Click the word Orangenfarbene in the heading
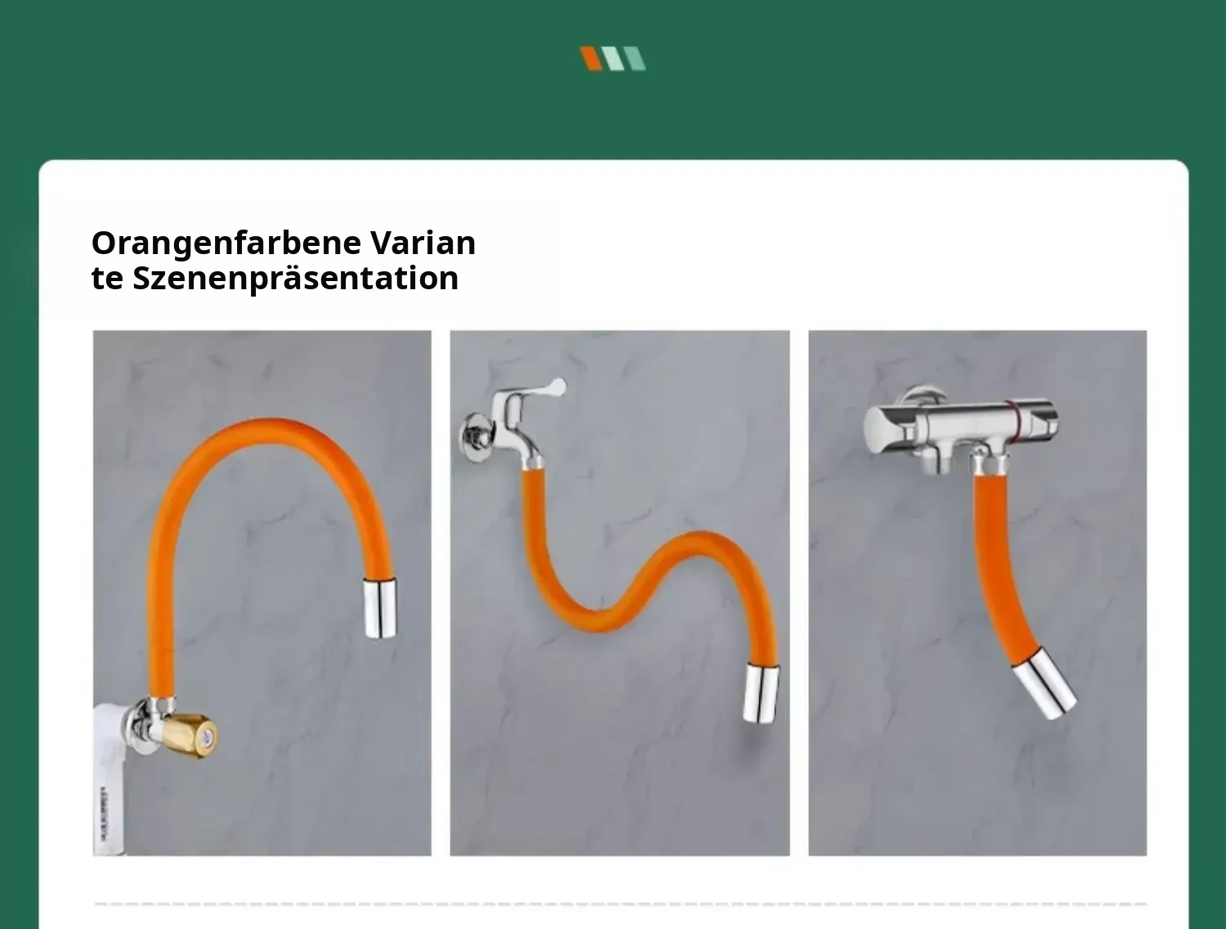pos(226,243)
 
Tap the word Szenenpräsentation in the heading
pos(296,278)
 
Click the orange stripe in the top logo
pos(591,59)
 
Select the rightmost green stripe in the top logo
pos(634,59)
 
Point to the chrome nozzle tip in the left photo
pos(380,609)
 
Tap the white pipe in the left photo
pos(110,778)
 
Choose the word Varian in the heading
pos(423,243)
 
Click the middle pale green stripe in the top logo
pos(613,59)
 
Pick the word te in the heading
pos(107,278)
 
